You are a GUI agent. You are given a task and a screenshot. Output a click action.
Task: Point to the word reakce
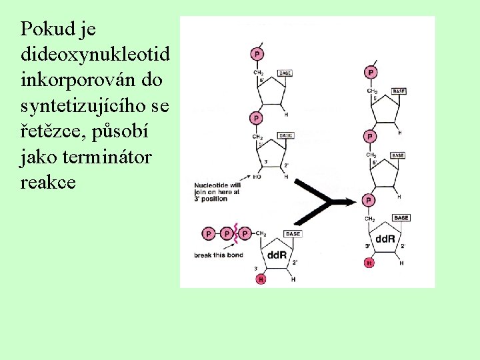49,182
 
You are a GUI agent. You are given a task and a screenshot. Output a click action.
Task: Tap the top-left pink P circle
256,54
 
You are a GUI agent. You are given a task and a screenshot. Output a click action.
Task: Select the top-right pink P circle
371,72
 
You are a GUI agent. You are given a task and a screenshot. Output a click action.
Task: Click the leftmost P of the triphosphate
209,234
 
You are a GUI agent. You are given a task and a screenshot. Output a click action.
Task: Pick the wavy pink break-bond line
236,234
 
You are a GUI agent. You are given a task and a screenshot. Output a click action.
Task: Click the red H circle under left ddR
261,279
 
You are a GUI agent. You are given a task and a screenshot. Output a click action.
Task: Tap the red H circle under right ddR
369,263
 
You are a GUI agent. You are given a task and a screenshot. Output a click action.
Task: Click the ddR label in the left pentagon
277,254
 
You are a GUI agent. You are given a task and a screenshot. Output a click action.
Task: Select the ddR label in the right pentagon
385,238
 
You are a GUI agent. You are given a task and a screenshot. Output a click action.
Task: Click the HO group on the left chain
257,177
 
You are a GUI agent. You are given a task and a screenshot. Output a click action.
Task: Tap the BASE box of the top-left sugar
285,73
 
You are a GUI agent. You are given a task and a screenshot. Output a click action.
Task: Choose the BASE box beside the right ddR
401,218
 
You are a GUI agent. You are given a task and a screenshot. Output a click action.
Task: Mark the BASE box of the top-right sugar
399,91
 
